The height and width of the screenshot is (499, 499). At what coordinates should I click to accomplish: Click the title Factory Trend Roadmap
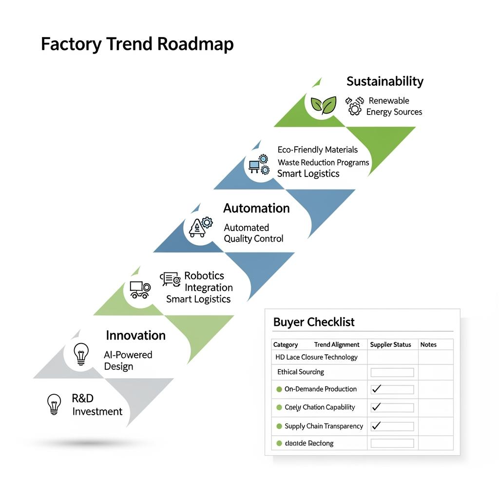coord(137,44)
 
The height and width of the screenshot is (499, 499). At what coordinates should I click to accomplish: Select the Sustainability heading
coord(385,81)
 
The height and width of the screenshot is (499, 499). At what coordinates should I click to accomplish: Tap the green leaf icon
coord(323,104)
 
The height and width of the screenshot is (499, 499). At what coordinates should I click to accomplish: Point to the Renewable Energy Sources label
coord(394,106)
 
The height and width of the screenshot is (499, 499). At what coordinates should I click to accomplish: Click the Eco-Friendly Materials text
coord(318,150)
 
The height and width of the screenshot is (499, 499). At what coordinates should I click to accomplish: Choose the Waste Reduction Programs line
coord(323,162)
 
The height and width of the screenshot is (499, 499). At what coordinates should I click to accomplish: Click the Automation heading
coord(256,209)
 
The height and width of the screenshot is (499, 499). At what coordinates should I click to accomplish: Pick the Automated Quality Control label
coord(253,233)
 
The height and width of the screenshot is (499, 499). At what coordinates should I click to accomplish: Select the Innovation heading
coord(135,335)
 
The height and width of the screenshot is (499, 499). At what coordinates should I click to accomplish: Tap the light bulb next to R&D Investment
coord(54,404)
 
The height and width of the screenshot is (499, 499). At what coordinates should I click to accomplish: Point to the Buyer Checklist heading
coord(314,322)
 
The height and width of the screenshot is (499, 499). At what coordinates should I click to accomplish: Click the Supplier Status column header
coord(390,345)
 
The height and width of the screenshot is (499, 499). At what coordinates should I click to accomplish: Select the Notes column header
coord(428,345)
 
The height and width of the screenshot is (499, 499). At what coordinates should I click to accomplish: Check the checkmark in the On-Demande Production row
coord(376,389)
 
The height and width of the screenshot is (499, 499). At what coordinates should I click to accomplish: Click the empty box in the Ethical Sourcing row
coord(392,372)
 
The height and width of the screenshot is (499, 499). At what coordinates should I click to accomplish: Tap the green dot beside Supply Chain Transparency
coord(279,426)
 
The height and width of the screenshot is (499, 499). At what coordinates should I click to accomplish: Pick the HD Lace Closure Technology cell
coord(316,357)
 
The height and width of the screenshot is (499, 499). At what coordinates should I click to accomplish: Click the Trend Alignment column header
coord(337,345)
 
